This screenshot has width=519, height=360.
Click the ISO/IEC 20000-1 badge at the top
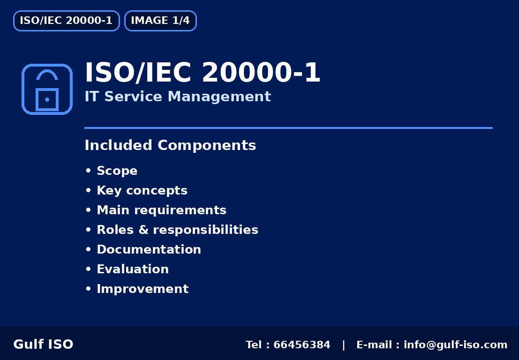click(x=66, y=21)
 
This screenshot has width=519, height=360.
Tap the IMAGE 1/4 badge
click(x=160, y=21)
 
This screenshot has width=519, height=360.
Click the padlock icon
click(x=47, y=90)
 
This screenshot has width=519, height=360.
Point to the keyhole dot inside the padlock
click(x=47, y=100)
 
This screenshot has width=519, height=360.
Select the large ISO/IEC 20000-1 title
click(x=203, y=73)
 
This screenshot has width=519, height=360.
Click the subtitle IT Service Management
click(x=178, y=97)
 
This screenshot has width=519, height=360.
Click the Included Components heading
click(x=170, y=146)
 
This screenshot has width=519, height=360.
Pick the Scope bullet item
click(x=117, y=171)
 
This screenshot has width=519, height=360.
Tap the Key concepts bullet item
click(x=142, y=191)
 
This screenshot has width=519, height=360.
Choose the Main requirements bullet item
click(x=161, y=210)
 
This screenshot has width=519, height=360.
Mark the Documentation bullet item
click(x=149, y=250)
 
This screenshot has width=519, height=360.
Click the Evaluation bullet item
click(x=133, y=270)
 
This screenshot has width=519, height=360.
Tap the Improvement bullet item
click(x=143, y=289)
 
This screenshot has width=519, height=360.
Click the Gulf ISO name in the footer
click(x=43, y=345)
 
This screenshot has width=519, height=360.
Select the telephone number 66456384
click(x=302, y=345)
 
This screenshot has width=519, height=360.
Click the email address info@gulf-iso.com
click(x=455, y=345)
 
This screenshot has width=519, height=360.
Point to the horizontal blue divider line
click(x=288, y=127)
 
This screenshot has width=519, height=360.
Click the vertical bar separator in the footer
click(x=344, y=345)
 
